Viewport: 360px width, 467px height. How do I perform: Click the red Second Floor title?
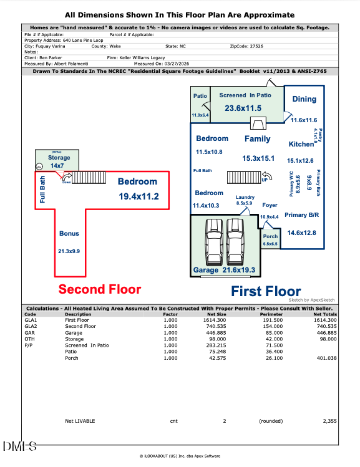coord(100,289)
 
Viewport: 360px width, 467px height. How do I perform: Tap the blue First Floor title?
coord(266,291)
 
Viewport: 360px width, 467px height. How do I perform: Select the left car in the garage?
coord(213,243)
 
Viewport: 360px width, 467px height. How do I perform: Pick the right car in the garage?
coord(236,243)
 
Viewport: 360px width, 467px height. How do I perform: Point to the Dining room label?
coord(304,99)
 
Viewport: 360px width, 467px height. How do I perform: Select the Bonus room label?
coord(69,233)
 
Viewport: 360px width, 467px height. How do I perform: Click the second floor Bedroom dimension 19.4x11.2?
coord(138,196)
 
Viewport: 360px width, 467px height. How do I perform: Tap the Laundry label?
coord(245,197)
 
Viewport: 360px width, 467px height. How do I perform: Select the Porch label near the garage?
coord(270,237)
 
